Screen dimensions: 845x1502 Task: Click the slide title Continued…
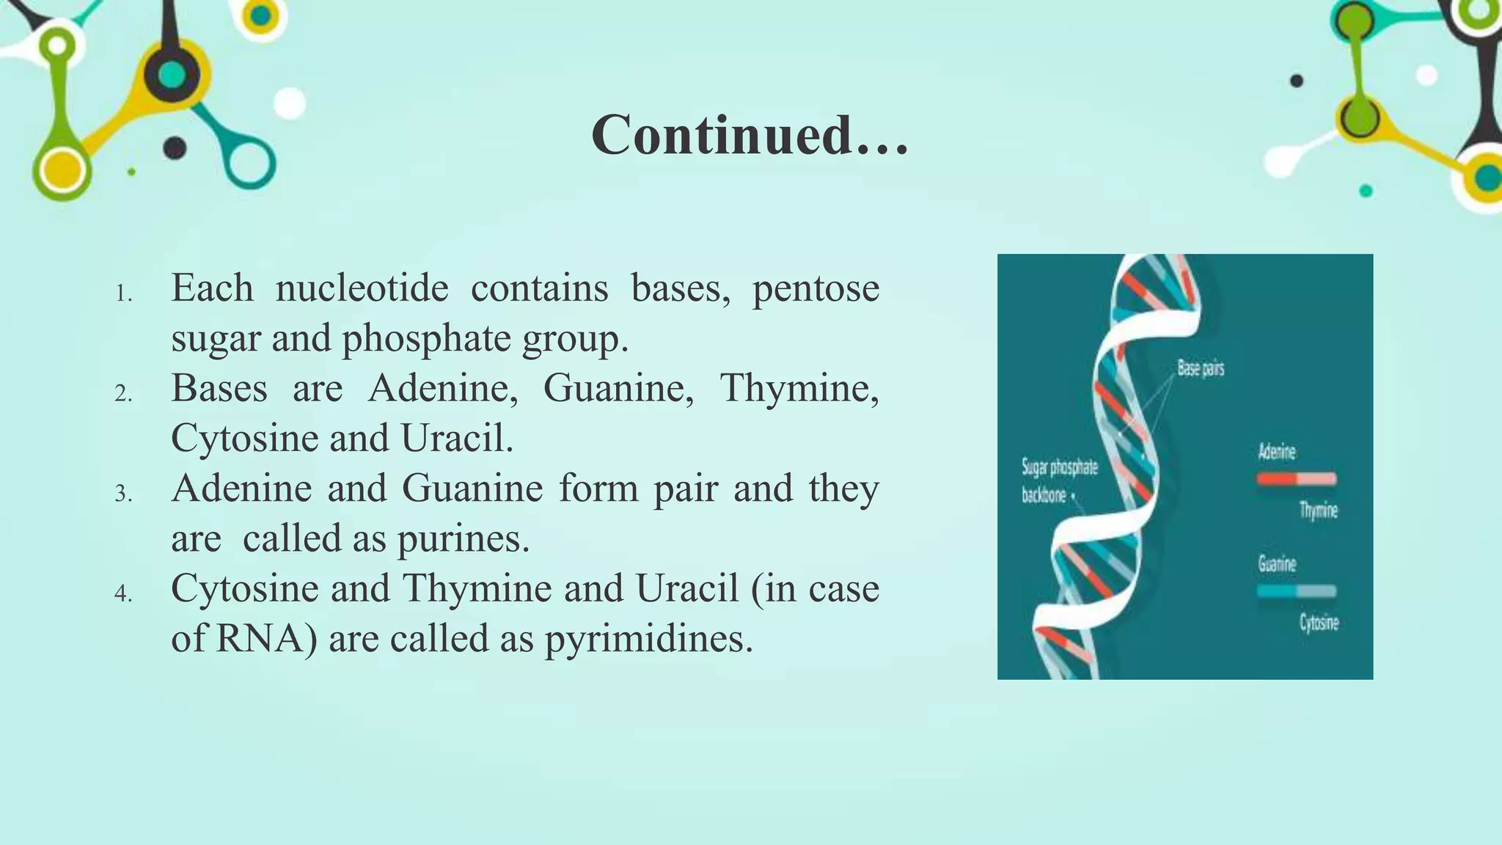click(750, 136)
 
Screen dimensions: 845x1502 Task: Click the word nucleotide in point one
click(362, 288)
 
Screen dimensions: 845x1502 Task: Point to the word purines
click(462, 539)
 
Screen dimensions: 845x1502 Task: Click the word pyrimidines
click(648, 639)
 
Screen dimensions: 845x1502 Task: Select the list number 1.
click(123, 295)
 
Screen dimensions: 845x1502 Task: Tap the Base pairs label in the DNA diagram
click(1201, 368)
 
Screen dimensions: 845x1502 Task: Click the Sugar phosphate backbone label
click(1058, 481)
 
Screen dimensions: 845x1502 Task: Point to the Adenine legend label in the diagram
click(1277, 452)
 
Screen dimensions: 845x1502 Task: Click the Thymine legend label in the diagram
click(1318, 510)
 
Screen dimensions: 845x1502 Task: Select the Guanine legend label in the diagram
click(1277, 564)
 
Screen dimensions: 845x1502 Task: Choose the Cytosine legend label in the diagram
click(1319, 623)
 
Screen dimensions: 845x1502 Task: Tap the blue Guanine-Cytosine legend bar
click(1296, 591)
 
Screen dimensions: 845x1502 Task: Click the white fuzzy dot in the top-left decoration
click(290, 103)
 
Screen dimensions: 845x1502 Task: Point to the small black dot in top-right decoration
click(1297, 81)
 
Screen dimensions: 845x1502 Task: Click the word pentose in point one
click(816, 288)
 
